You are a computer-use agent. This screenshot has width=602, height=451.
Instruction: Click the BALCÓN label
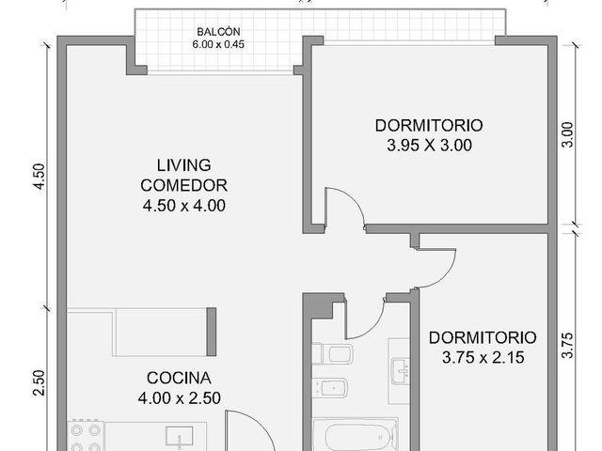(x=218, y=31)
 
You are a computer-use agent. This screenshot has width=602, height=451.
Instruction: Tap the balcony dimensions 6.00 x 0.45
(x=218, y=44)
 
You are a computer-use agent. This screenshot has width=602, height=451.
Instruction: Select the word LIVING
(x=184, y=165)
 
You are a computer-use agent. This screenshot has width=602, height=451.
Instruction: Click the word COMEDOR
(x=184, y=186)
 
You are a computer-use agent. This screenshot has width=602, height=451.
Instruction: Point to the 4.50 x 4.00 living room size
(x=184, y=206)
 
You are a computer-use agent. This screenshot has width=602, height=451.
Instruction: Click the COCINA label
(x=179, y=378)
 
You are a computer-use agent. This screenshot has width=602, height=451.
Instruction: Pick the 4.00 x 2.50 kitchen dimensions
(x=180, y=398)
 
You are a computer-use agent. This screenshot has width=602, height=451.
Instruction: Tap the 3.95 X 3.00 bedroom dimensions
(x=429, y=146)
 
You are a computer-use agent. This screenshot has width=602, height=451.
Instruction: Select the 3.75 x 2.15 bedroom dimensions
(x=483, y=358)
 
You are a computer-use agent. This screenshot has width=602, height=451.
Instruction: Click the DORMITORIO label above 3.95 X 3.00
(x=429, y=126)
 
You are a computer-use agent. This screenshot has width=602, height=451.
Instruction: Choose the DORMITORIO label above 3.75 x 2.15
(x=483, y=338)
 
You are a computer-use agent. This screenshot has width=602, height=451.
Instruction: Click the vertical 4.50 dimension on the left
(x=40, y=177)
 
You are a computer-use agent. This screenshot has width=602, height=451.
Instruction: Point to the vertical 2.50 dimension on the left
(x=40, y=382)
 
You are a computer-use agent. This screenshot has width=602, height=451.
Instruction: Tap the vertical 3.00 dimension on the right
(x=567, y=134)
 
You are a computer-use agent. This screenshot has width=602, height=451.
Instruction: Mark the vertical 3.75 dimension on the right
(x=567, y=346)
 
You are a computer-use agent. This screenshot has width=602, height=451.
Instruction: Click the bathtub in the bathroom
(x=356, y=435)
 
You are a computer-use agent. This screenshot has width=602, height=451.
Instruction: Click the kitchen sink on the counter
(x=180, y=436)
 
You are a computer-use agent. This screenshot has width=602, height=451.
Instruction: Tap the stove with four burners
(x=86, y=436)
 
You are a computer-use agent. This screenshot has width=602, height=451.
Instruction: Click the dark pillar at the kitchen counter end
(x=211, y=332)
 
